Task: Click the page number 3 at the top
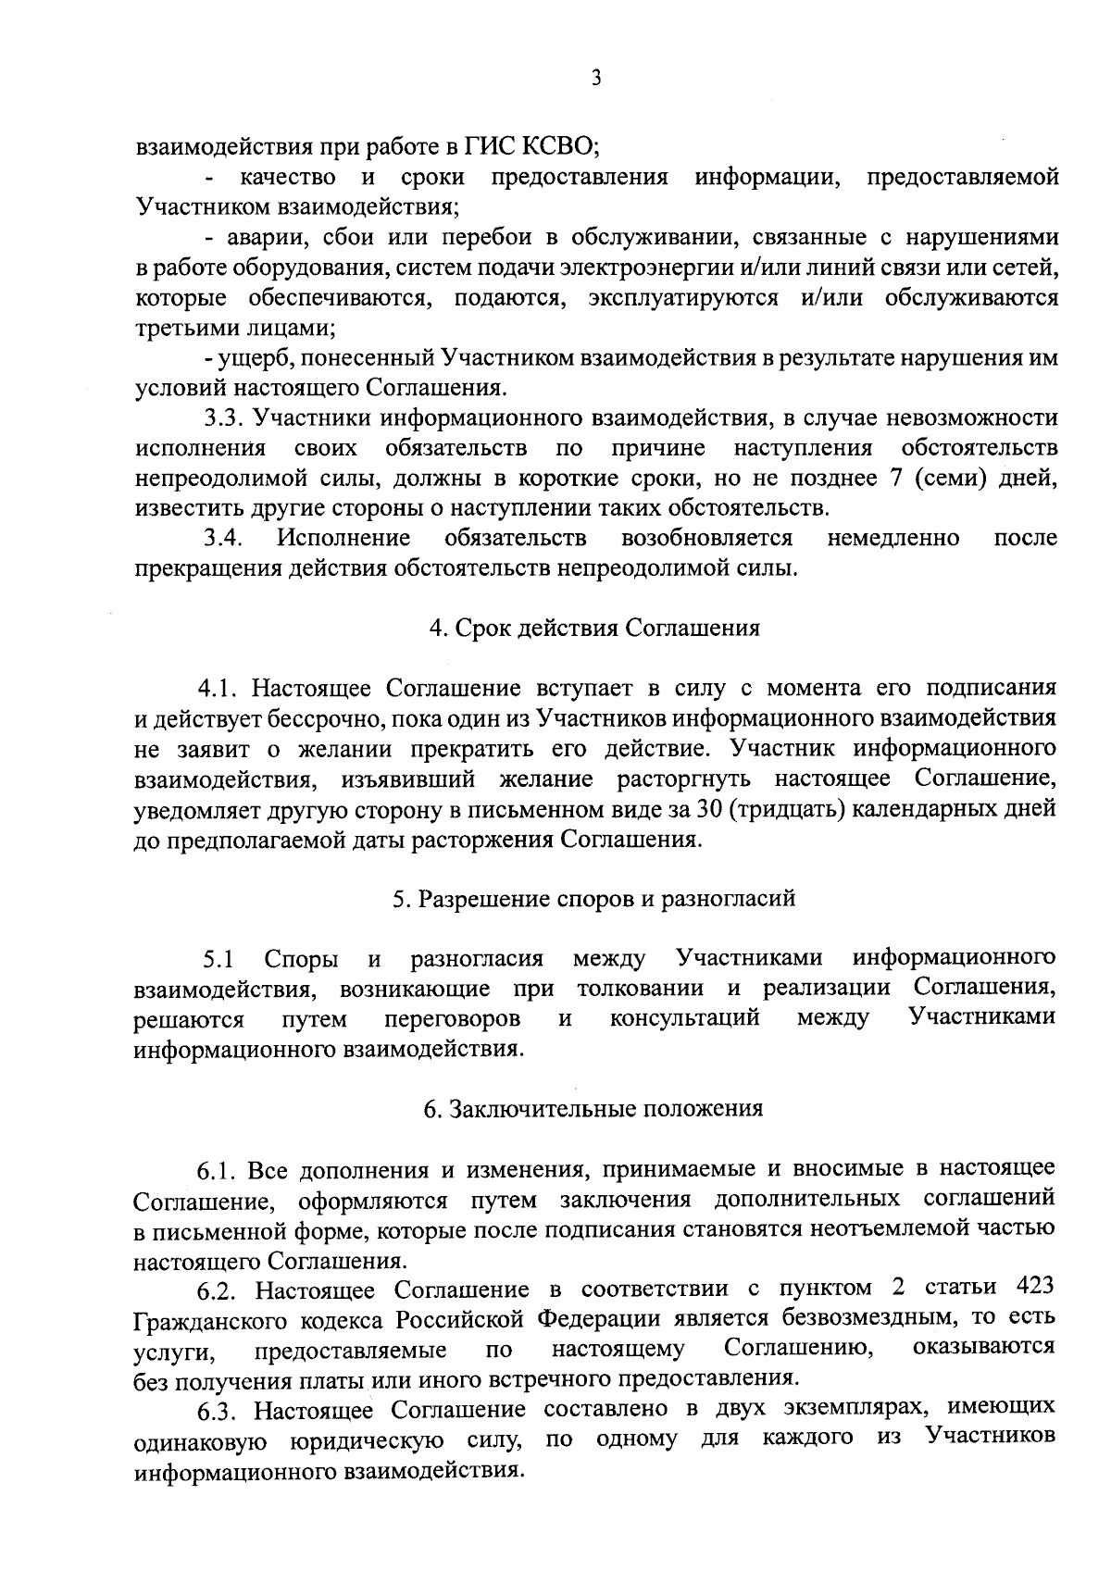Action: [596, 80]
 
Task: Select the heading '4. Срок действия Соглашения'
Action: [594, 629]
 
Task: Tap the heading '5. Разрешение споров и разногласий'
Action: [593, 899]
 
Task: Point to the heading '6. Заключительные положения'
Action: [593, 1109]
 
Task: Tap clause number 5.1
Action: [219, 958]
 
